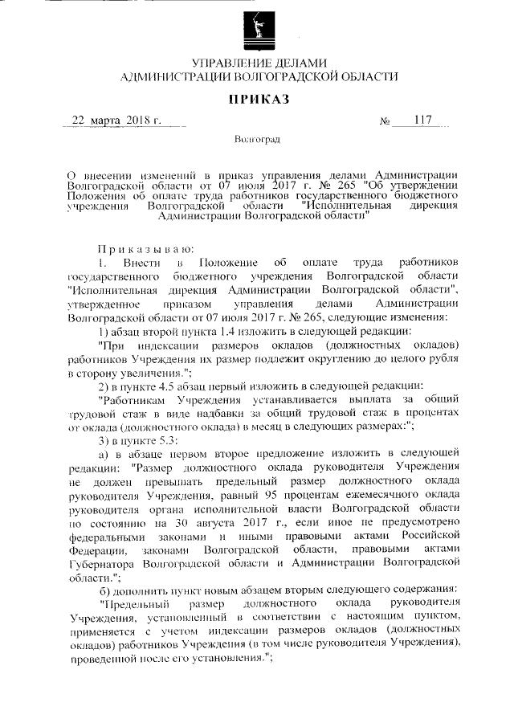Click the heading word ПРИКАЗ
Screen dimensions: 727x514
[257, 99]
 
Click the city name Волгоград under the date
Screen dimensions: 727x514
[257, 141]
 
